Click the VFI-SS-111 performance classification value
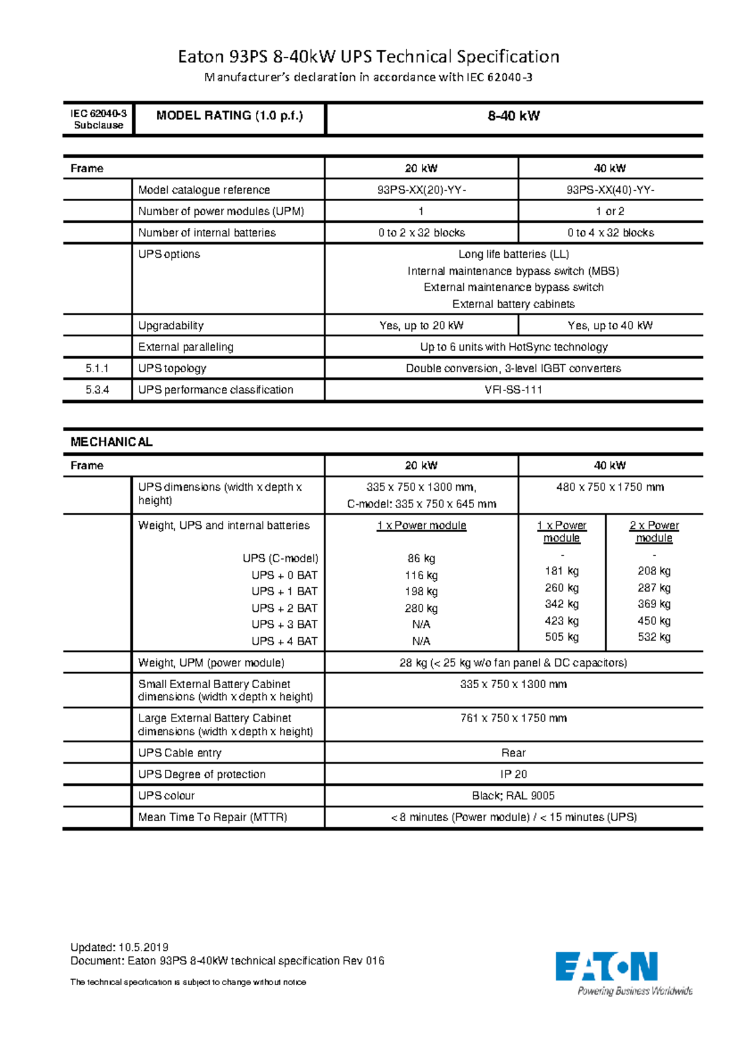pos(514,390)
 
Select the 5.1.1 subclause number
pos(97,368)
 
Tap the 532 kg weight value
pos(654,637)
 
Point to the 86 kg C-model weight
pos(421,558)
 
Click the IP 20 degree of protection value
pos(514,774)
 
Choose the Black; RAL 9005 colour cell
pos(514,796)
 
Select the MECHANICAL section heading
pos(111,442)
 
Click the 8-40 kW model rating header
pos(514,116)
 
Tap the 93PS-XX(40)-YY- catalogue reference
pos(610,190)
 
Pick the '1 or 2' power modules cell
pos(610,212)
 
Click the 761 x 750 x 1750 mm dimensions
pos(514,718)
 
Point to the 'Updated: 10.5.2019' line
pos(119,947)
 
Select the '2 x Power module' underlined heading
pos(654,532)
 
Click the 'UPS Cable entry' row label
pos(180,753)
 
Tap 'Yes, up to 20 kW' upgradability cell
pos(421,325)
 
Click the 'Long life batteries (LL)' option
pos(514,255)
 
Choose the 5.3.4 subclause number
pos(97,390)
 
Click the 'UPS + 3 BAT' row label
pos(284,624)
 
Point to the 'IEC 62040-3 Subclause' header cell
pos(98,119)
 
